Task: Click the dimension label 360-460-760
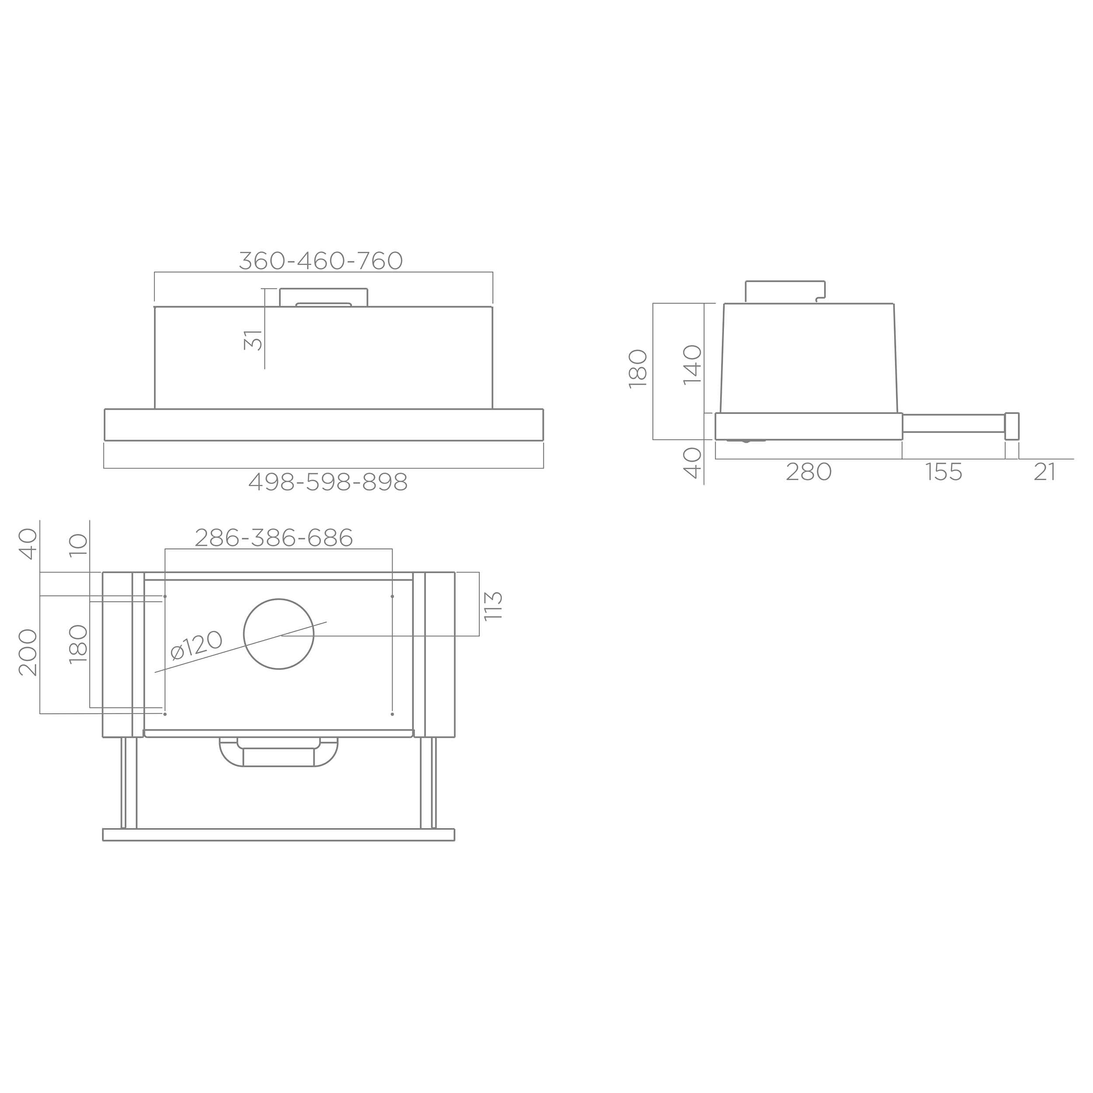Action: pyautogui.click(x=321, y=261)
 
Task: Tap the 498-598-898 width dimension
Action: pyautogui.click(x=328, y=482)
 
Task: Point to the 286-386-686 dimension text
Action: pyautogui.click(x=274, y=537)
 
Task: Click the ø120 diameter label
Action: pyautogui.click(x=196, y=645)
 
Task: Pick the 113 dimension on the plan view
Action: pyautogui.click(x=493, y=606)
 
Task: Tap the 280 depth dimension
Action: pyautogui.click(x=809, y=472)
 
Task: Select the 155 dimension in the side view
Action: pyautogui.click(x=943, y=472)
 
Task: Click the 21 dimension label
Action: pyautogui.click(x=1045, y=472)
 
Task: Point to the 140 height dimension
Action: pyautogui.click(x=693, y=365)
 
